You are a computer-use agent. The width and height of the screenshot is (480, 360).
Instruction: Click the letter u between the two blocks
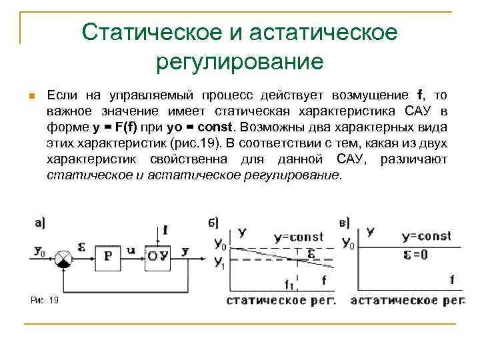tap(131, 249)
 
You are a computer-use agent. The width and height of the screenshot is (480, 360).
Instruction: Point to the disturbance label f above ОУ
tap(165, 231)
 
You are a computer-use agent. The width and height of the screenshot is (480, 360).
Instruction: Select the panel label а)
tap(39, 223)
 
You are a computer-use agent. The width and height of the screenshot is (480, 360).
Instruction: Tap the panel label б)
tap(213, 223)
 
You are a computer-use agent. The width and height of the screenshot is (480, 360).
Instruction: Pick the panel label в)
tap(345, 223)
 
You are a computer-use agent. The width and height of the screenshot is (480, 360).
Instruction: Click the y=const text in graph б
tap(298, 237)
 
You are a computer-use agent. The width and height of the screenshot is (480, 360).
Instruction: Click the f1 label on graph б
tap(289, 285)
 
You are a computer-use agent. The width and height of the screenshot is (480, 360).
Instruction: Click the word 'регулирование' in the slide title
tap(239, 62)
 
